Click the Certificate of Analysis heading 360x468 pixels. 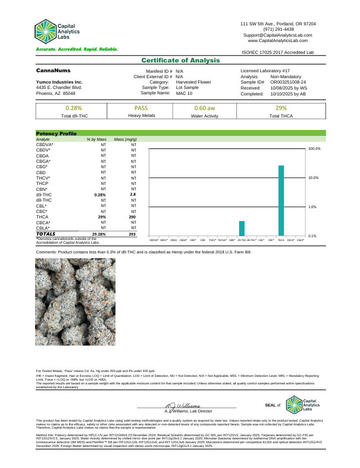click(181, 60)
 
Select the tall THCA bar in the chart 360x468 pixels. click(281, 201)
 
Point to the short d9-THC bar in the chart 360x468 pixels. click(242, 229)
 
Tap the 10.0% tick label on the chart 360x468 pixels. click(314, 177)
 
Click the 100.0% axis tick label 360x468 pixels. click(314, 148)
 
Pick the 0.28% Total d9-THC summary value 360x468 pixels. click(73, 108)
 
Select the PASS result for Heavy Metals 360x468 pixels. click(141, 108)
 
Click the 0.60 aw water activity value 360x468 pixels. click(205, 108)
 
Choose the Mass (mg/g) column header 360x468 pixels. click(125, 140)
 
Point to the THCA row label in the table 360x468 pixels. click(43, 217)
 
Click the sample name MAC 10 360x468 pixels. click(185, 93)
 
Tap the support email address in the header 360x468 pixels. click(278, 35)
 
